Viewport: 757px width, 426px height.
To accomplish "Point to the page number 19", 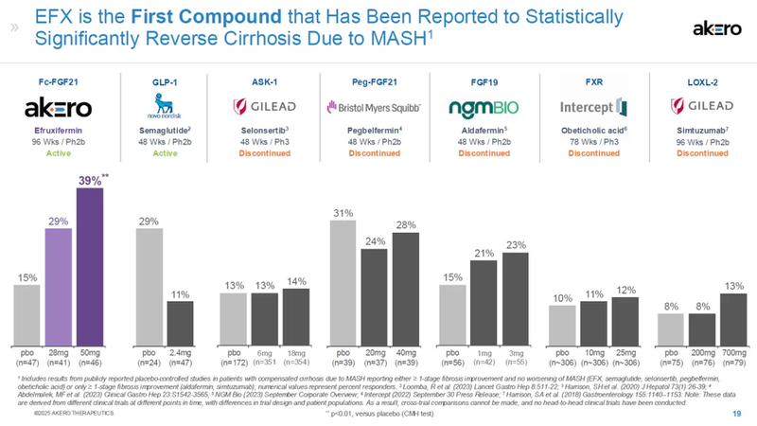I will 736,415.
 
